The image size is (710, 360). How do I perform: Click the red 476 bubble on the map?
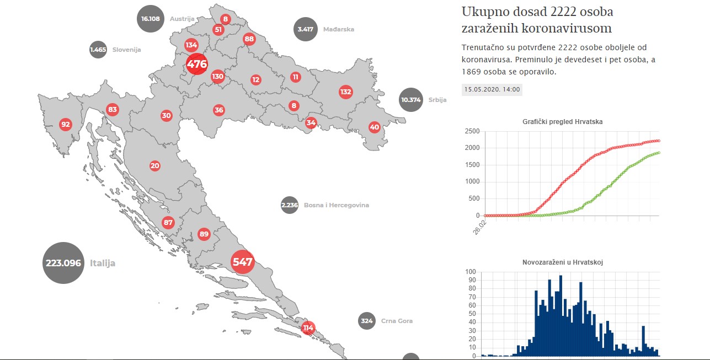(197, 64)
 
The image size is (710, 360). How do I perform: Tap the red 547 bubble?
(242, 262)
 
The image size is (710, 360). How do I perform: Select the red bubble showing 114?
(308, 328)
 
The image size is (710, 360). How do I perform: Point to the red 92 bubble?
(66, 124)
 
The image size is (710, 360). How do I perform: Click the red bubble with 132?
(346, 92)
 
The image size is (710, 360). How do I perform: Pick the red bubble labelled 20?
(154, 165)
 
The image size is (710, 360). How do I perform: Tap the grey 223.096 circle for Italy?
(66, 263)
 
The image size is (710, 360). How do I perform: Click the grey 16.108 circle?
(151, 18)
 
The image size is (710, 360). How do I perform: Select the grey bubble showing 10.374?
(412, 100)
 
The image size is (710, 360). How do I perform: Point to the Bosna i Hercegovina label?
(336, 205)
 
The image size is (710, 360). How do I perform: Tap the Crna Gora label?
(397, 321)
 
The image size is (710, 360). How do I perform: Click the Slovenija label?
(126, 50)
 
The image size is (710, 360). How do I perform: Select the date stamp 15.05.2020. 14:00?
(492, 89)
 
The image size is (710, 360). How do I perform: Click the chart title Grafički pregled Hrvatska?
(562, 122)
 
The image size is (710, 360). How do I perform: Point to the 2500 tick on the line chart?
(472, 131)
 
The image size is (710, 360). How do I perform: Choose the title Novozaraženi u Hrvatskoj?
(562, 262)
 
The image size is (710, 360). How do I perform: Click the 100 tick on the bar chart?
(472, 272)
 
